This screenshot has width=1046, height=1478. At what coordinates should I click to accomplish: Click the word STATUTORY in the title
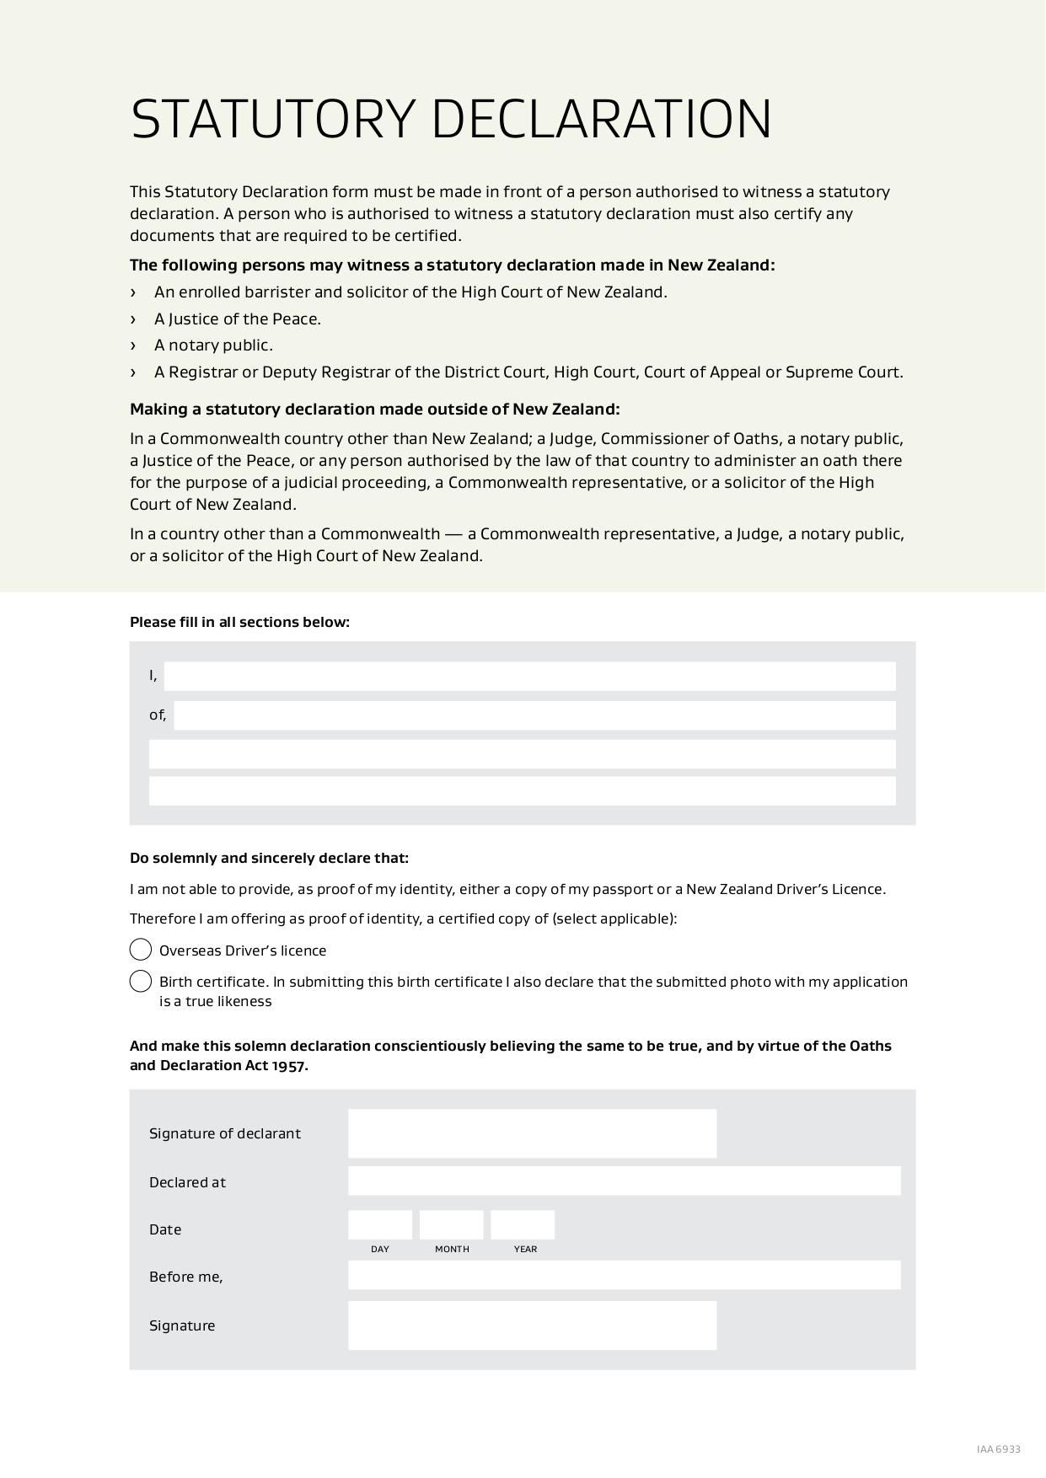(x=273, y=119)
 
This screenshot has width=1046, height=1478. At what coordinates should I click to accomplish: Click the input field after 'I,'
(x=529, y=676)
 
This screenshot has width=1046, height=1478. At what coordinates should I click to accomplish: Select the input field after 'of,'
(x=534, y=715)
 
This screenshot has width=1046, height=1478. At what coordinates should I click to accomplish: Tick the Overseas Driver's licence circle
(x=141, y=950)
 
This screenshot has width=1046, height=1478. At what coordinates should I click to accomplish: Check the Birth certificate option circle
(x=141, y=982)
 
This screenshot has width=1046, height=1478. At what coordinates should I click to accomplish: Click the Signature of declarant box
(x=532, y=1133)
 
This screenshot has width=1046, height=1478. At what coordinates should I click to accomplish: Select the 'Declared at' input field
(x=624, y=1181)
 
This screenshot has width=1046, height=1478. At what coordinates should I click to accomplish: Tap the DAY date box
(x=380, y=1224)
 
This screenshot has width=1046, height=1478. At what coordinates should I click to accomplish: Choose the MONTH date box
(x=452, y=1224)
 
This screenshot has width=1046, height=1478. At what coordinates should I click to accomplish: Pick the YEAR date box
(x=523, y=1224)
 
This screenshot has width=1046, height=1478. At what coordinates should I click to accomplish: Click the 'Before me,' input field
(x=624, y=1275)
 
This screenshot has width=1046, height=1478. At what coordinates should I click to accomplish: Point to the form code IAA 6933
(x=999, y=1449)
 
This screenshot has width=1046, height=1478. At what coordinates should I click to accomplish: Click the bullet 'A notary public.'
(x=213, y=345)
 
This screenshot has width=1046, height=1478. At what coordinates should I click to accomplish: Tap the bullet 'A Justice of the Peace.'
(x=237, y=319)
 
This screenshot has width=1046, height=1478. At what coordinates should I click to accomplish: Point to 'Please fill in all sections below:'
(x=239, y=622)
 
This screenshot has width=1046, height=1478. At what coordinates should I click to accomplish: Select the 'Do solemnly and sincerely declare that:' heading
(x=269, y=858)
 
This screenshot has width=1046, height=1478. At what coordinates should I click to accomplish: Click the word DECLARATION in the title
(x=602, y=119)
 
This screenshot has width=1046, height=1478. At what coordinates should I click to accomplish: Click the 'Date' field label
(x=165, y=1229)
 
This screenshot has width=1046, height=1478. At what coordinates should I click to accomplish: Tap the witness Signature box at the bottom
(x=532, y=1325)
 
